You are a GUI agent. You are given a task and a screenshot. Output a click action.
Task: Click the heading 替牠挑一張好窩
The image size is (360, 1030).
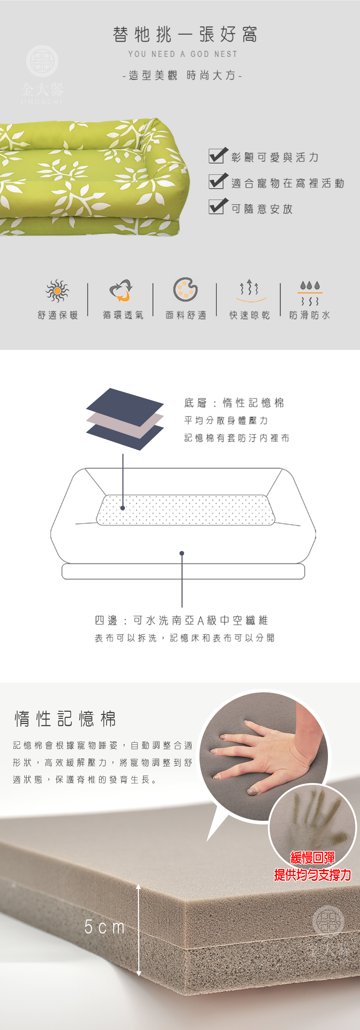pyautogui.click(x=184, y=35)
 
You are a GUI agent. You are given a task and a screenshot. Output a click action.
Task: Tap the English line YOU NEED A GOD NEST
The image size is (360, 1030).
pyautogui.click(x=183, y=54)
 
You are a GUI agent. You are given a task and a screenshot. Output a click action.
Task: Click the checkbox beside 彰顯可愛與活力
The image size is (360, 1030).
pyautogui.click(x=217, y=156)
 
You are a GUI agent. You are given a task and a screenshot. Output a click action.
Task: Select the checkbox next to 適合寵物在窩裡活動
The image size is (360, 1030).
pyautogui.click(x=217, y=181)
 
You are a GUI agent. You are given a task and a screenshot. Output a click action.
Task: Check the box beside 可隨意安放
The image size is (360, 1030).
pyautogui.click(x=217, y=206)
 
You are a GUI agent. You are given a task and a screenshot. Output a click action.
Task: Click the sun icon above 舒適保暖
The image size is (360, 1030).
pyautogui.click(x=57, y=291)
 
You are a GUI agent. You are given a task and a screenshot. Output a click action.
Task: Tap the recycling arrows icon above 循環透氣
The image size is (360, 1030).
pyautogui.click(x=121, y=290)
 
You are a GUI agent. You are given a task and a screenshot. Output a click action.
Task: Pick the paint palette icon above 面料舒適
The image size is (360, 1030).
pyautogui.click(x=185, y=289)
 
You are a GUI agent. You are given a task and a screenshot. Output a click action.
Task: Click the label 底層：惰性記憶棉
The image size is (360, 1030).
pyautogui.click(x=234, y=402)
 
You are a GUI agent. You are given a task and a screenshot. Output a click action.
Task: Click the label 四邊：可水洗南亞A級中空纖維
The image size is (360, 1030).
pyautogui.click(x=181, y=620)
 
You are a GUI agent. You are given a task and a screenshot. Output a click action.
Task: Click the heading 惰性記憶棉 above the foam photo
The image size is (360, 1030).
pyautogui.click(x=66, y=719)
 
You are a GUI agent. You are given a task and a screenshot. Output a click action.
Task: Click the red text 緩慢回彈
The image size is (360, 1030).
pyautogui.click(x=312, y=857)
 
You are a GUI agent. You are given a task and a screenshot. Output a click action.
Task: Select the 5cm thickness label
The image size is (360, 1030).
pyautogui.click(x=104, y=926)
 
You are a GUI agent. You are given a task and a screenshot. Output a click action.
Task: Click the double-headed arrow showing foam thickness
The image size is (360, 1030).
pyautogui.click(x=138, y=930)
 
